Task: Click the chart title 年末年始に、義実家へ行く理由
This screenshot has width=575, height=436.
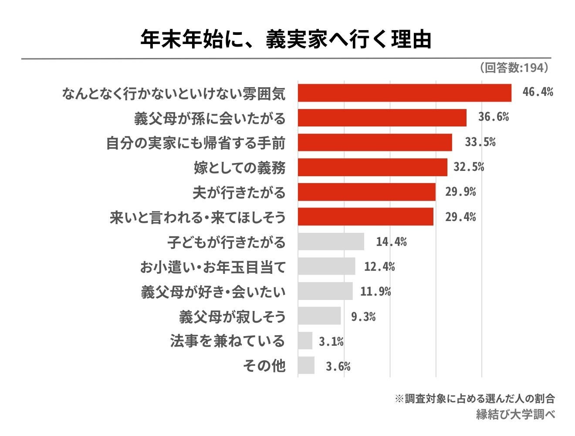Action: pyautogui.click(x=286, y=39)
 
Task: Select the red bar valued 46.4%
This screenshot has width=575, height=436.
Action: pyautogui.click(x=404, y=93)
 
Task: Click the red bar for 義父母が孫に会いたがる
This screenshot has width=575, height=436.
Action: pyautogui.click(x=382, y=118)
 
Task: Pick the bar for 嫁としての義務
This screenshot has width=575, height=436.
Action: pyautogui.click(x=372, y=167)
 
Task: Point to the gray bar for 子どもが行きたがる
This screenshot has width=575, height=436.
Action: pyautogui.click(x=331, y=242)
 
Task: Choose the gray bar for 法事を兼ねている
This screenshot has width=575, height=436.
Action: pyautogui.click(x=305, y=341)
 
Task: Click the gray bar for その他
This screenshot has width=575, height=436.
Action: pyautogui.click(x=306, y=365)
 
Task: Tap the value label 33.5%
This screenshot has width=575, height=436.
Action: pyautogui.click(x=480, y=142)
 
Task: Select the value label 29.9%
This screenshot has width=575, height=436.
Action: pyautogui.click(x=460, y=192)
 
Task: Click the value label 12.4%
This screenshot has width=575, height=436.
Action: pyautogui.click(x=379, y=266)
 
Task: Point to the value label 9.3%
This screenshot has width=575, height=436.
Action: pyautogui.click(x=363, y=317)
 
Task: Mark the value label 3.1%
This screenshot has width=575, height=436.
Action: pyautogui.click(x=331, y=341)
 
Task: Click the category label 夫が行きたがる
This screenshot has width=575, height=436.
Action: pyautogui.click(x=239, y=192)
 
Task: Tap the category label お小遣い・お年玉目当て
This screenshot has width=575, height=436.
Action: pyautogui.click(x=212, y=267)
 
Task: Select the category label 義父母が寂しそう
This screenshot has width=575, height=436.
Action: pyautogui.click(x=232, y=317)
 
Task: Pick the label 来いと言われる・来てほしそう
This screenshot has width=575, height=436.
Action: pyautogui.click(x=197, y=217)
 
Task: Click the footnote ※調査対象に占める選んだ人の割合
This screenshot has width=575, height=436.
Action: pyautogui.click(x=474, y=399)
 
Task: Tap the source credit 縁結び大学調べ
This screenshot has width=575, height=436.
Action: pyautogui.click(x=515, y=414)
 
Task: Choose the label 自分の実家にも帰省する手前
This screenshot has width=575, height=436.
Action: pyautogui.click(x=196, y=143)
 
